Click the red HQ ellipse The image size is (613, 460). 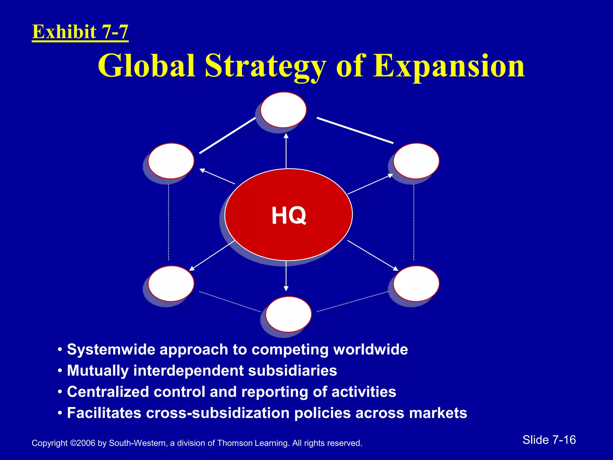pos(289,214)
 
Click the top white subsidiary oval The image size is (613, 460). pos(283,110)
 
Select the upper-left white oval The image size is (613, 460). pos(171,161)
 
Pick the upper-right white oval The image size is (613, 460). pos(416,161)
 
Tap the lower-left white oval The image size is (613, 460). pos(171,283)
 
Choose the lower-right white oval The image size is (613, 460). pos(416,283)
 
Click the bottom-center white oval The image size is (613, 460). pos(289,314)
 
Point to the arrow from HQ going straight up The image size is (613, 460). pos(286,151)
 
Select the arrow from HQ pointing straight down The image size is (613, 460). pos(286,276)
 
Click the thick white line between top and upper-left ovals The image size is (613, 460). pos(227,136)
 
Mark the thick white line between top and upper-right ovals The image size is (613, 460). pos(355,131)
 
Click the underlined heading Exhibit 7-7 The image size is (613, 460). pos(80,32)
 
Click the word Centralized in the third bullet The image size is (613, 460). pos(108,392)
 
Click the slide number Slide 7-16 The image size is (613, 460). pos(549,440)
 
